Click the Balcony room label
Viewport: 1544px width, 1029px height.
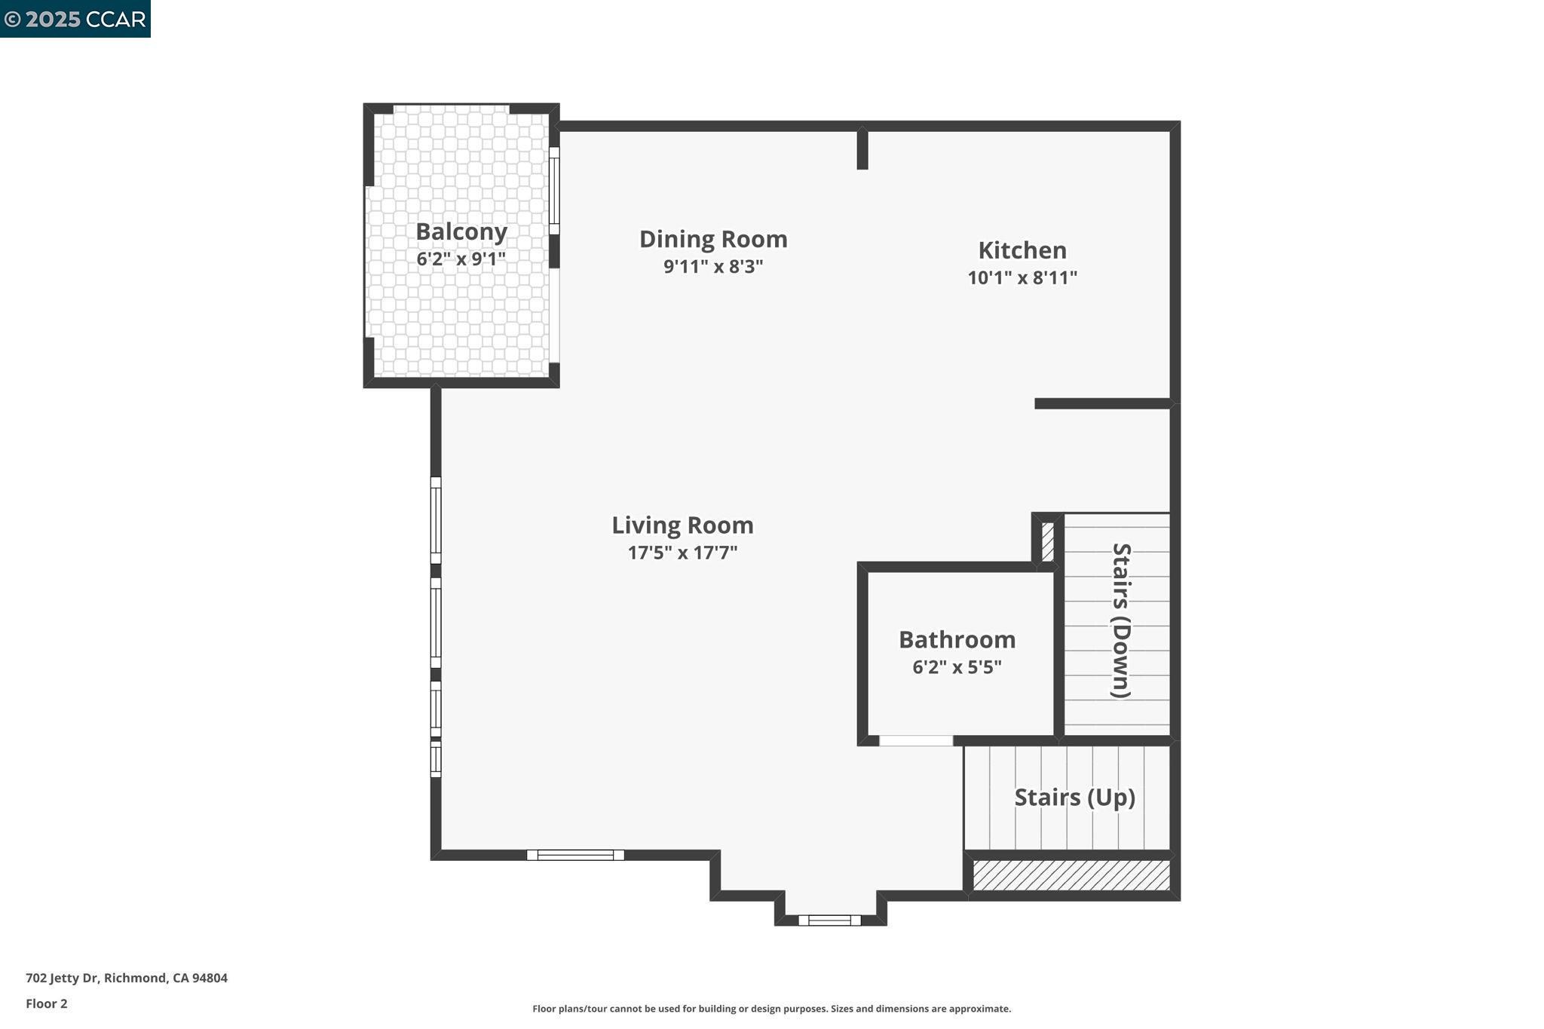coord(461,231)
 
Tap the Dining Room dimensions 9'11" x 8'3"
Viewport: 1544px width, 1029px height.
coord(713,267)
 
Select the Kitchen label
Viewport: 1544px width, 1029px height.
coord(1022,250)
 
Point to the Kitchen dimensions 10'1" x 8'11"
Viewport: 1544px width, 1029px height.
coord(1022,278)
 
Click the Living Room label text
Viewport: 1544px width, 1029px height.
coord(682,525)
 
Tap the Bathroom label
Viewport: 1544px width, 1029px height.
coord(957,640)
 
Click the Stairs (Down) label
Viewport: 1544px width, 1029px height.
coord(1121,620)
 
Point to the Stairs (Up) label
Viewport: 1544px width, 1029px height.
coord(1074,798)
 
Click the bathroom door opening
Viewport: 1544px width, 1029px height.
coord(916,741)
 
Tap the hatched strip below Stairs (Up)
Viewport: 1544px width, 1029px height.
coord(1071,875)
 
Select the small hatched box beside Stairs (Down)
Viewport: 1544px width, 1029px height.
coord(1047,541)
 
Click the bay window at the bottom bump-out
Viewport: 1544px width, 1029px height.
coord(829,920)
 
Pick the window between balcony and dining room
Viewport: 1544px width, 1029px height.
coord(554,191)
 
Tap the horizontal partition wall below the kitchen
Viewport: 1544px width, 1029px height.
coord(1102,404)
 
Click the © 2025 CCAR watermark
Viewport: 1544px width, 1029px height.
coord(75,19)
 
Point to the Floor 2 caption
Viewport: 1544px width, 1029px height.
coord(47,1003)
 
